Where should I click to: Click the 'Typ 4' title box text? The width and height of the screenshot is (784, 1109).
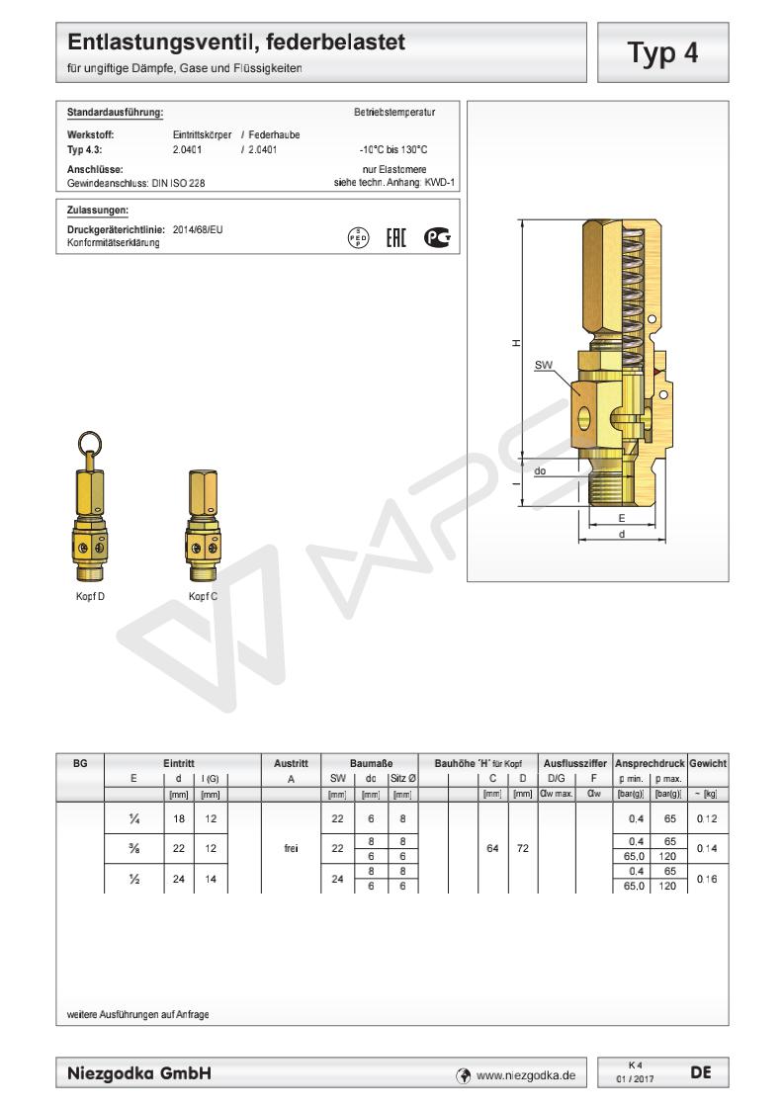(662, 53)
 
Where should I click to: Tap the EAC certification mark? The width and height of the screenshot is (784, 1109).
(396, 237)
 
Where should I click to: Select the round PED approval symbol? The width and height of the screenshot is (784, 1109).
(359, 237)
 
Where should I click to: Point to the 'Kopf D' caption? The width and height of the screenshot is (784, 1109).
(90, 596)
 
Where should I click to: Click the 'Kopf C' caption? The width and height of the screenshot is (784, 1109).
(203, 596)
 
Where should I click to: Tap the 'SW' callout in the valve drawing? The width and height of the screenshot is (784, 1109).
(544, 365)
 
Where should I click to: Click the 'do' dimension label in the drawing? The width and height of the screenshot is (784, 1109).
(540, 471)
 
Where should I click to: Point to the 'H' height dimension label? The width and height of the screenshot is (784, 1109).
(516, 343)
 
